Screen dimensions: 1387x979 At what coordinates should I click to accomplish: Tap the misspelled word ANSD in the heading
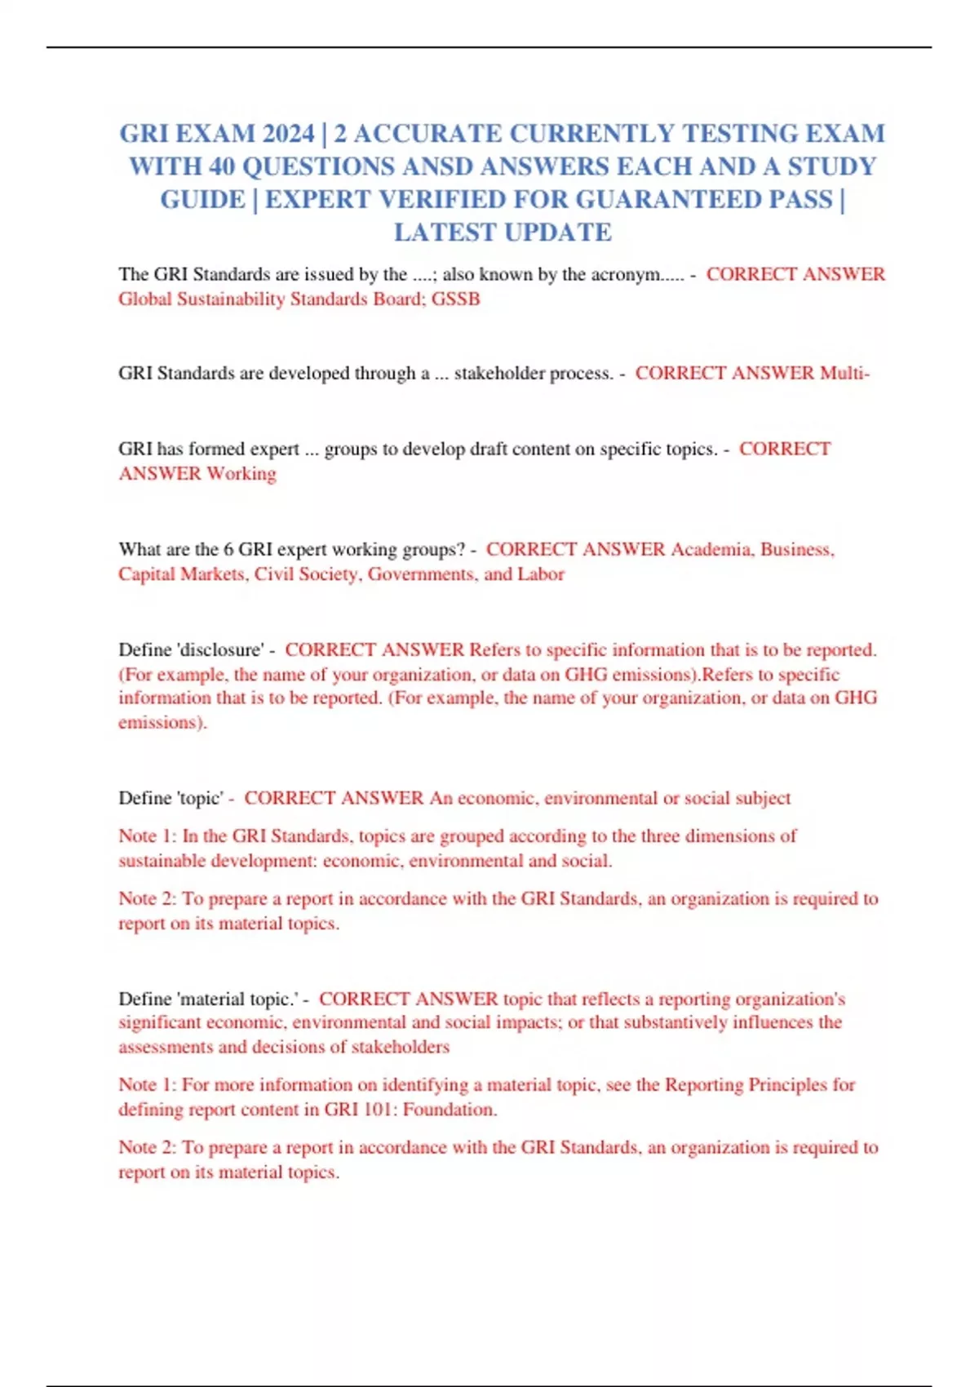436,166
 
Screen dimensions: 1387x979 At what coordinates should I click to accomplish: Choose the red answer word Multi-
844,373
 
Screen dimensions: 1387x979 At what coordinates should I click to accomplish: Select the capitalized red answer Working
241,473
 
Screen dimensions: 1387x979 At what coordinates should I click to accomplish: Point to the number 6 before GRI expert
228,549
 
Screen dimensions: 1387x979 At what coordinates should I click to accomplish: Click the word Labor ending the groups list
540,574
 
